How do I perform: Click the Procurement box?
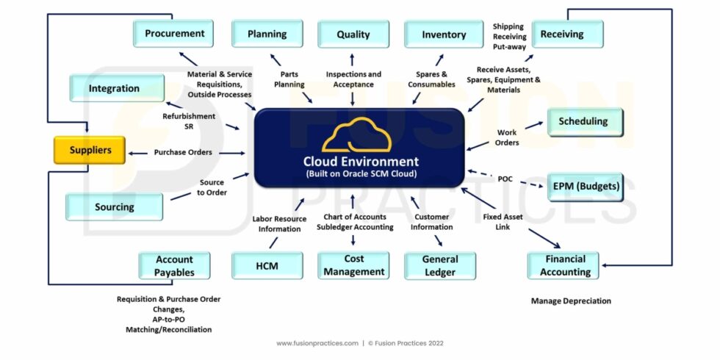(x=174, y=34)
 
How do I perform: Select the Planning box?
(x=267, y=34)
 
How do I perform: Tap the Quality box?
(x=353, y=35)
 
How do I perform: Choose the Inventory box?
(x=444, y=35)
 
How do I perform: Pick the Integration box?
(x=114, y=88)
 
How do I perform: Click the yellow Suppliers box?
(x=90, y=150)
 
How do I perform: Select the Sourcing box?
(x=114, y=207)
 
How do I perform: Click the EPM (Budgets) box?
(x=585, y=187)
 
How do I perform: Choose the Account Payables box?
(x=174, y=266)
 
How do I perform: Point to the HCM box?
(x=267, y=266)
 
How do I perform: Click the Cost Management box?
(x=353, y=265)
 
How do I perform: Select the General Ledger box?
(x=440, y=266)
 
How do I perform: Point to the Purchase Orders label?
(x=183, y=153)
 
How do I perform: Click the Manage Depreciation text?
(x=571, y=301)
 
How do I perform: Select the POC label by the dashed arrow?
(x=505, y=179)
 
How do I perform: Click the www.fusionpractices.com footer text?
(x=317, y=343)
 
